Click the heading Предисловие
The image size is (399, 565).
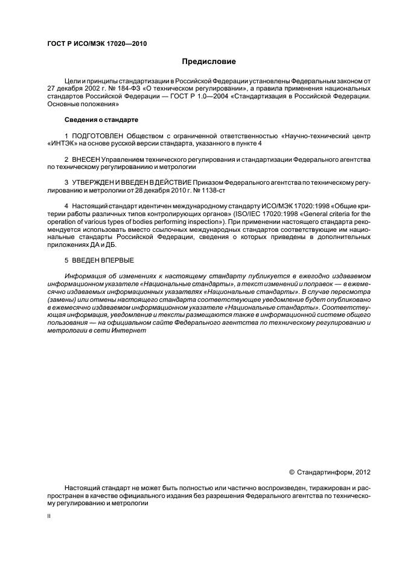(209, 62)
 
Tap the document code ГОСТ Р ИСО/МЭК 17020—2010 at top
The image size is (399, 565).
(97, 44)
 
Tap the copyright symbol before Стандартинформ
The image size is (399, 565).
(292, 471)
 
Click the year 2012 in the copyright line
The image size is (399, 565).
(362, 471)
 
